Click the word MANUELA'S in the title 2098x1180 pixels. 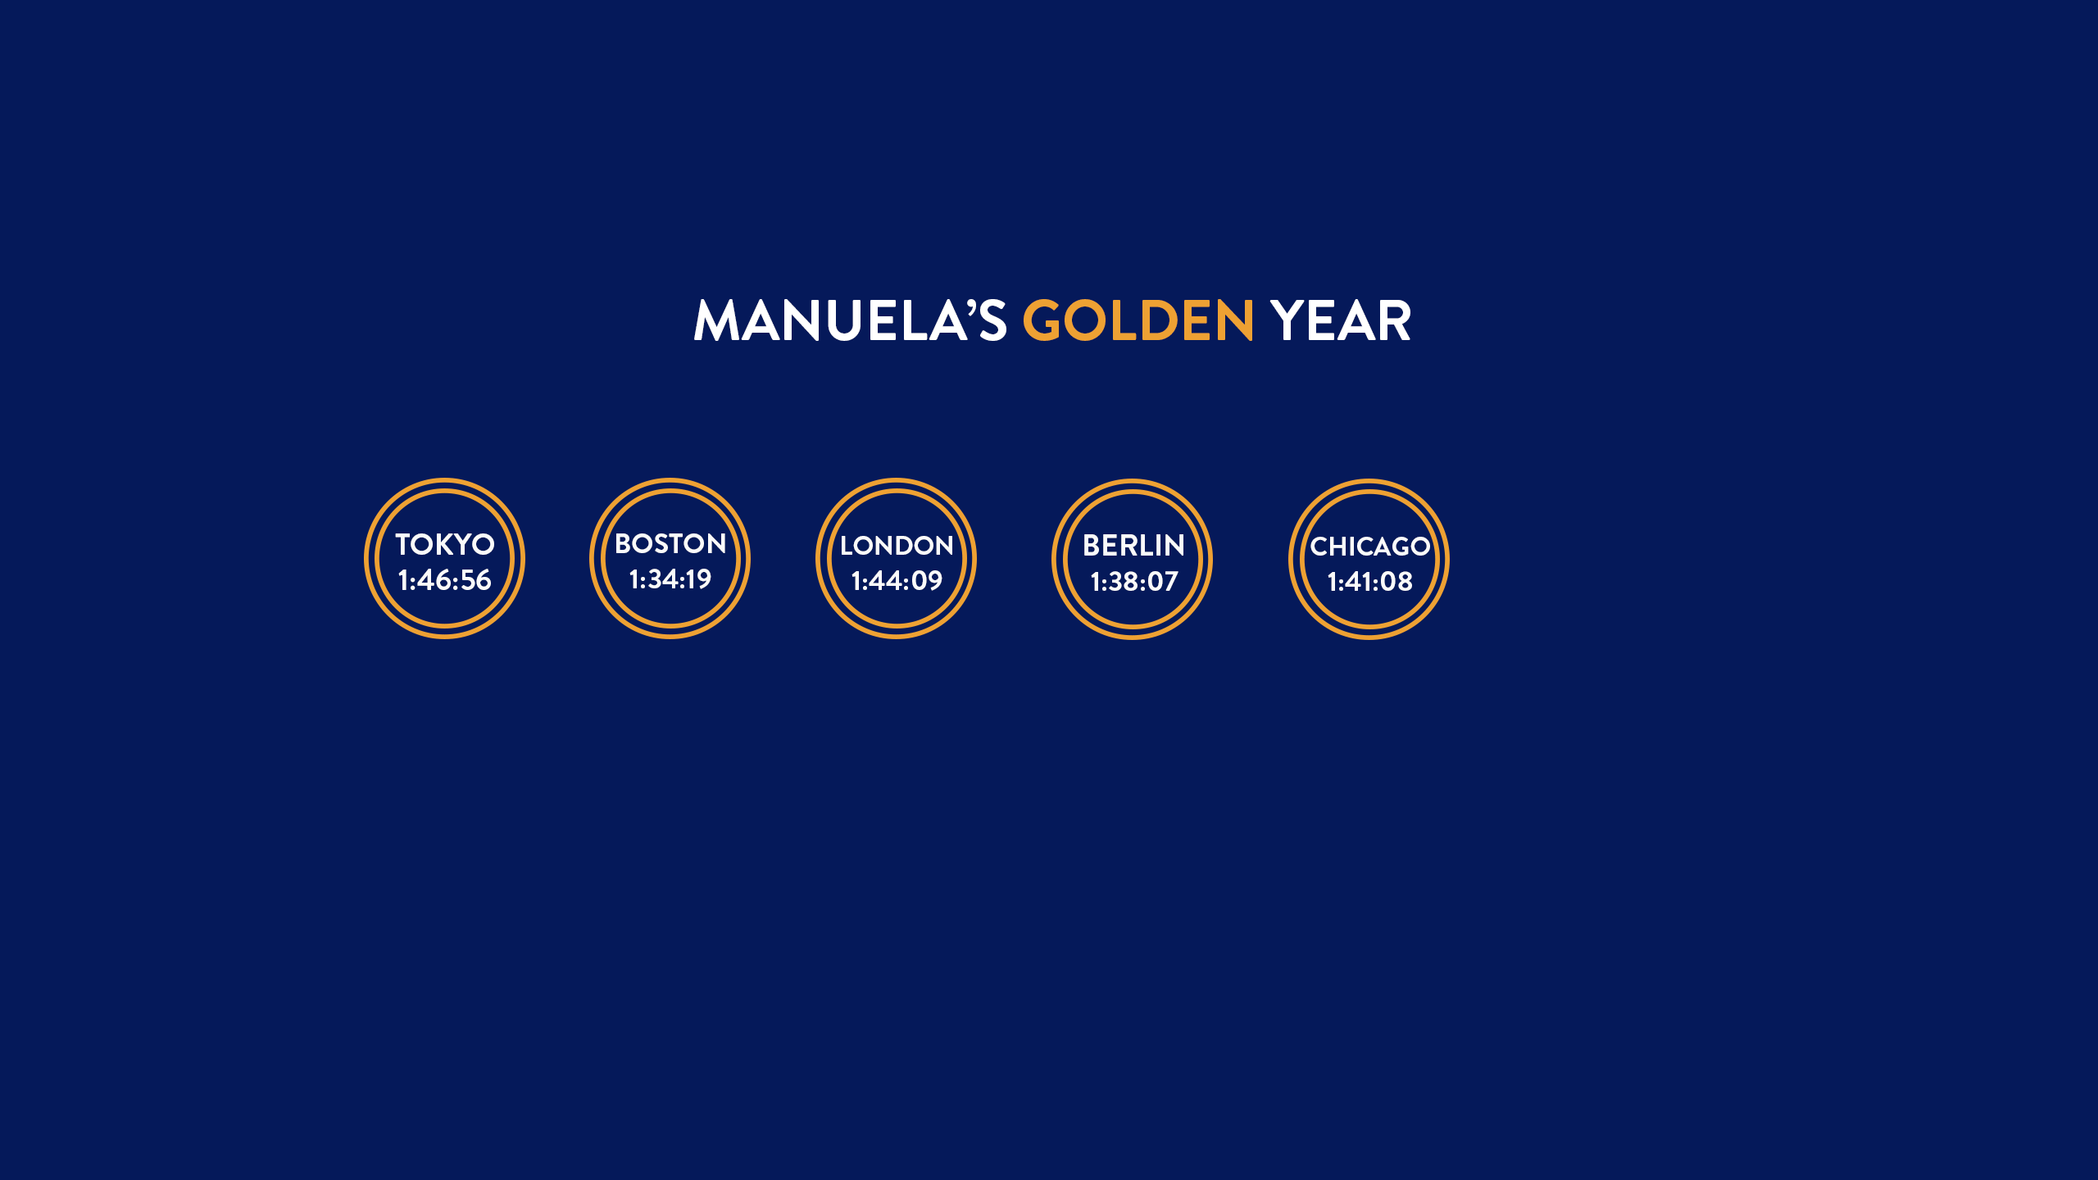(850, 320)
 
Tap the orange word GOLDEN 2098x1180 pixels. (1138, 320)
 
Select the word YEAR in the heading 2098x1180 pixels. (1341, 320)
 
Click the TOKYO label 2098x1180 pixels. (445, 544)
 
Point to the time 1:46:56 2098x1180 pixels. (444, 580)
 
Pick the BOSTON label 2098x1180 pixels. (670, 543)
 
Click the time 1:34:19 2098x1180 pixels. (670, 579)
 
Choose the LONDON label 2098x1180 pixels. (897, 546)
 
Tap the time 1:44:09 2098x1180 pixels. (897, 581)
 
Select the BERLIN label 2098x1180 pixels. (1133, 546)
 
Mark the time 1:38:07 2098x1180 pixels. (1133, 582)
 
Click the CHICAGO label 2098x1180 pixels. (1370, 547)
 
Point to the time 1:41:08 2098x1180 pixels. (1370, 582)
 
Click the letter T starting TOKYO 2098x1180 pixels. (404, 544)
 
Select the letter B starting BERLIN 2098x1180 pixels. (1092, 546)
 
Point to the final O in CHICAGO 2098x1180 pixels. (1419, 547)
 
